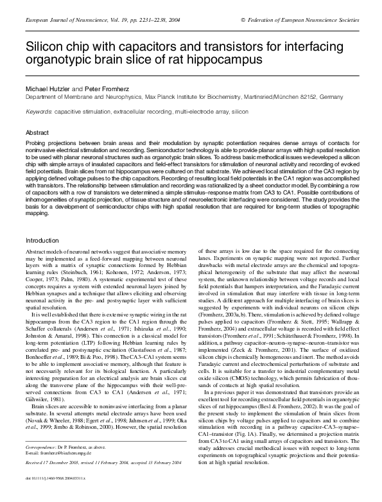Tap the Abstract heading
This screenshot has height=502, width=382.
click(x=37, y=132)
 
